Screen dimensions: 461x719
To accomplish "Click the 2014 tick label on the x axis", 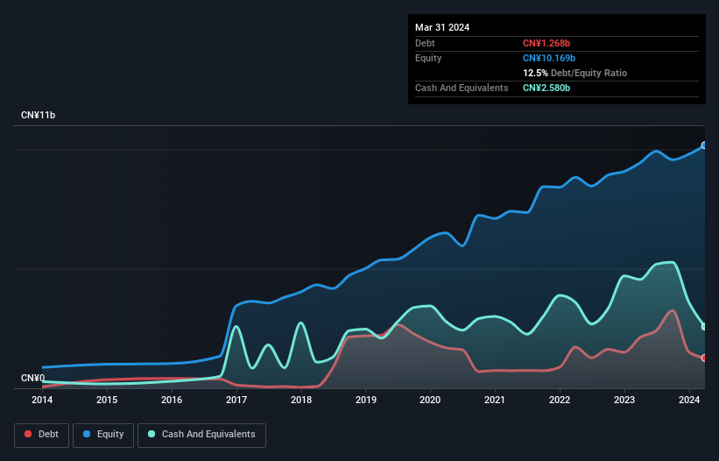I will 42,400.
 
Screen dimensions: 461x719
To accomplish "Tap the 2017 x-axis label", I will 236,400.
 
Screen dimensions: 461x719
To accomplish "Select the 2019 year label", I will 365,400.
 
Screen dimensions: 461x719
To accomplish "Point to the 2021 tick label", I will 495,400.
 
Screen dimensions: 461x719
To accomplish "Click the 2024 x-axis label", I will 688,400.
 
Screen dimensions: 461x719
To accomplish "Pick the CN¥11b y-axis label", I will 39,116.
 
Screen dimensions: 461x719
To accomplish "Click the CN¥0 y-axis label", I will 33,378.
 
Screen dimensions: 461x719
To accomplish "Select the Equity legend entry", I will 103,434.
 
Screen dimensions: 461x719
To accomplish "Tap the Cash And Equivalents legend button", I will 201,434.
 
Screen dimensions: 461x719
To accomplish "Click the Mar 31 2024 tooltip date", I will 442,27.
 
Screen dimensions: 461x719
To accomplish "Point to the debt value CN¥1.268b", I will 546,43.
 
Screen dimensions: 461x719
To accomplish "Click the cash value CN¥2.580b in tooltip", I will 546,88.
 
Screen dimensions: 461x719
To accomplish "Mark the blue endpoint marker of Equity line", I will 703,145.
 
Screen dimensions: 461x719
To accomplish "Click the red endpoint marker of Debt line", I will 703,358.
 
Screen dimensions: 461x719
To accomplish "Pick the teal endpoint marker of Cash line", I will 703,327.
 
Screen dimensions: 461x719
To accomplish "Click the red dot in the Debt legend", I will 29,434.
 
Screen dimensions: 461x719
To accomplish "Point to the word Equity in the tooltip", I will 428,58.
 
